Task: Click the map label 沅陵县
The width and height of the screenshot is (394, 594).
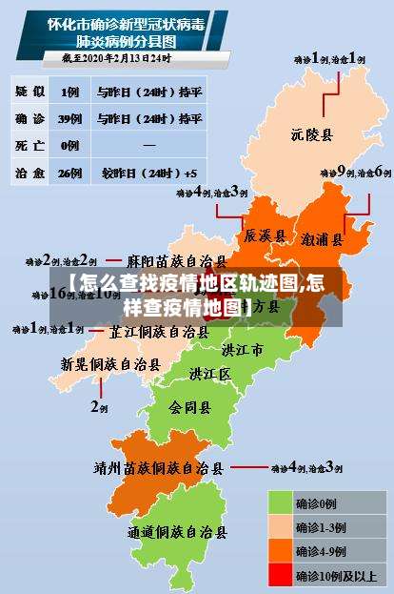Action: [312, 135]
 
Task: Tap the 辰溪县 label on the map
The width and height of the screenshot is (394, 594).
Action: [265, 235]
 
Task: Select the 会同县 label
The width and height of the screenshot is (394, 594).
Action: [190, 407]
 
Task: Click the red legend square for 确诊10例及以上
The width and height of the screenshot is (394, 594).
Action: [280, 574]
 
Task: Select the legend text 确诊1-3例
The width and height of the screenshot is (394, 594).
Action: [321, 527]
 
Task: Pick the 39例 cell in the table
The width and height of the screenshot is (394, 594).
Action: [69, 119]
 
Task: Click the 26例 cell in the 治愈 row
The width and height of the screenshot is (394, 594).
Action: [69, 174]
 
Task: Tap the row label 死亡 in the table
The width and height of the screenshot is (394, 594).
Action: [30, 146]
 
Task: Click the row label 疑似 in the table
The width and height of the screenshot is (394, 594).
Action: [30, 92]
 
